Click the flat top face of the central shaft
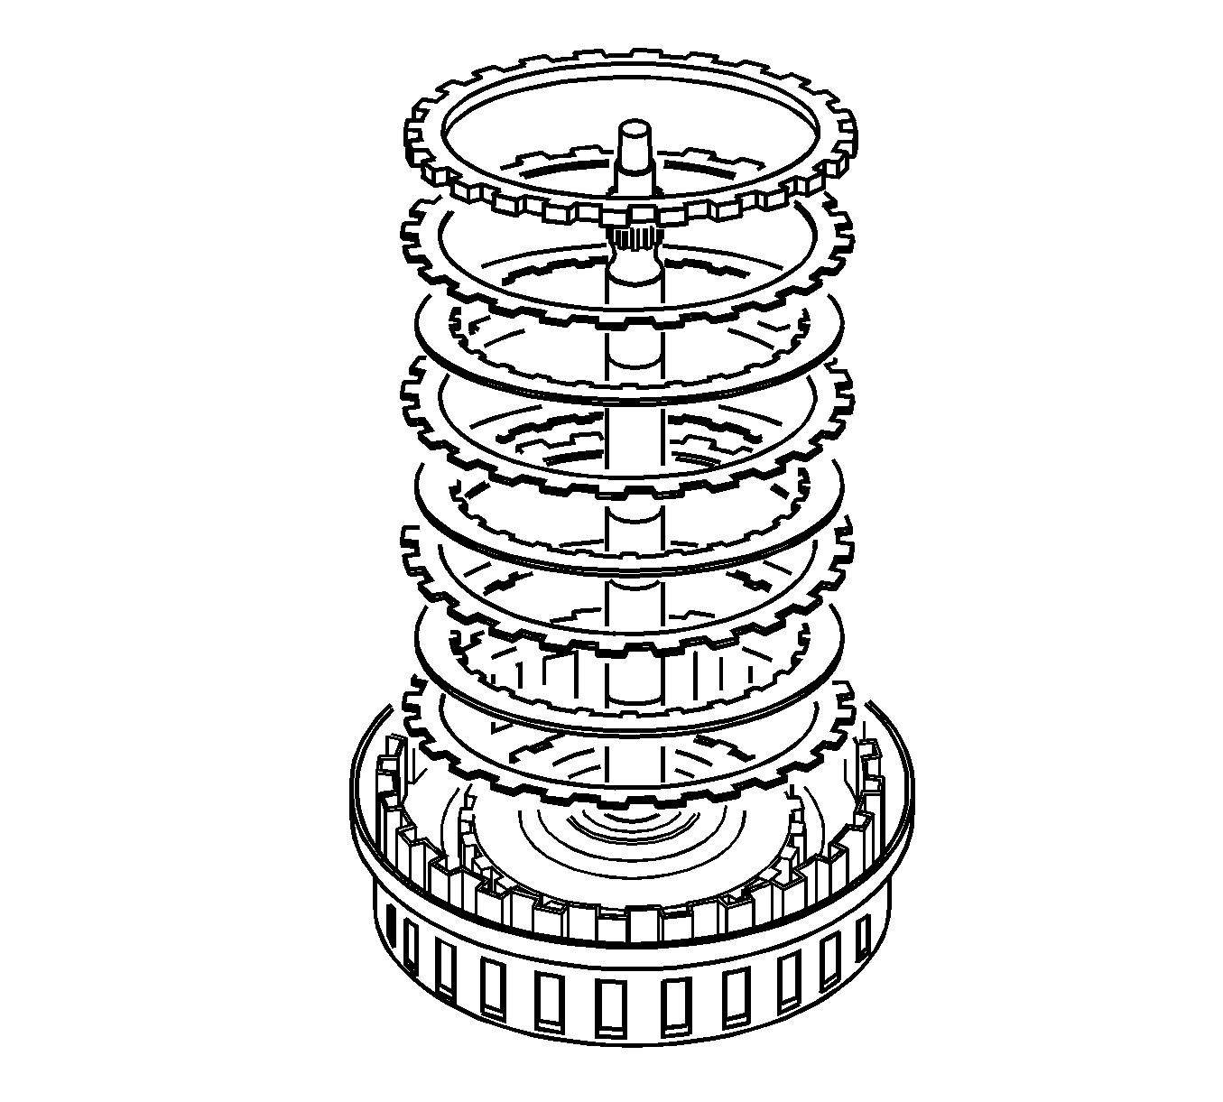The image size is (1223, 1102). [634, 128]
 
